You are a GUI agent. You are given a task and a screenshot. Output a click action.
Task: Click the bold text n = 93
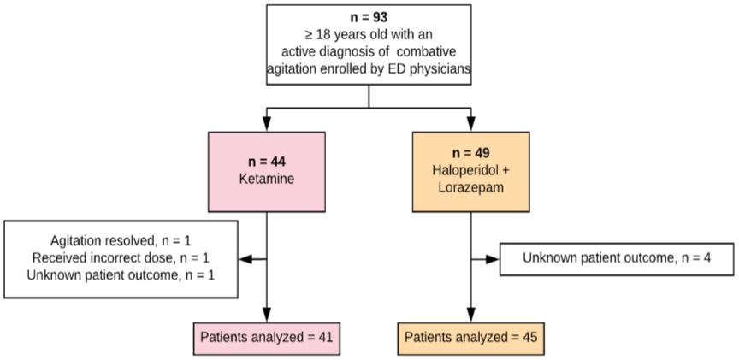[x=369, y=18]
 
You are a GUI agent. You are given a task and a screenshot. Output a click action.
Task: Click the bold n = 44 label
[x=267, y=162]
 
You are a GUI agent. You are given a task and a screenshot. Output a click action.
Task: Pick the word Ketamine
[x=267, y=179]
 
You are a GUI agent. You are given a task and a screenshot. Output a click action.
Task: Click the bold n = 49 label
[x=470, y=154]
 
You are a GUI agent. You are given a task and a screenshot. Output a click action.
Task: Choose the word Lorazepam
[x=470, y=187]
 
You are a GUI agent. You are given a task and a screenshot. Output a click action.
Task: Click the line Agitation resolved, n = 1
[x=121, y=241]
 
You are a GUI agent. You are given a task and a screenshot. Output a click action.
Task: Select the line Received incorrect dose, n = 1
[x=121, y=258]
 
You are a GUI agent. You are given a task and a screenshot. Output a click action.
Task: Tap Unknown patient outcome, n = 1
[x=121, y=275]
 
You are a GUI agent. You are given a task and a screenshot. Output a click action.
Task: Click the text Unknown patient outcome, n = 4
[x=617, y=258]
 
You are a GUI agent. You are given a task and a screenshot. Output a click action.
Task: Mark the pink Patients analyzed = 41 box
[x=266, y=339]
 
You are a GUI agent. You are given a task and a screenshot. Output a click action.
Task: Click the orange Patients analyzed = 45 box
[x=470, y=339]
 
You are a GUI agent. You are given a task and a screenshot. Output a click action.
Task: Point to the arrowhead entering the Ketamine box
[x=267, y=124]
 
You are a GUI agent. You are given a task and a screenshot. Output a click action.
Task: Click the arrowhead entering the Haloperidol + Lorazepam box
[x=470, y=124]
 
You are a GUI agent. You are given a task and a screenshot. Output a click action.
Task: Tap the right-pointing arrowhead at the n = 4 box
[x=492, y=259]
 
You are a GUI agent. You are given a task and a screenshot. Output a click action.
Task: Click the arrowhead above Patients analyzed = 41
[x=267, y=315]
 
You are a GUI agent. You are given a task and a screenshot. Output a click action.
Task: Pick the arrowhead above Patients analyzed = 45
[x=470, y=315]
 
